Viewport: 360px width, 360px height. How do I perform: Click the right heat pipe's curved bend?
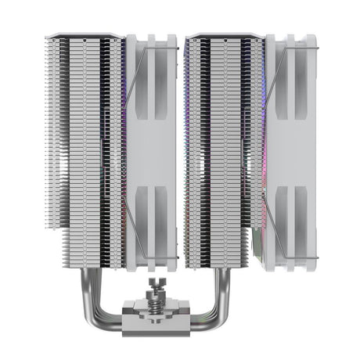252,301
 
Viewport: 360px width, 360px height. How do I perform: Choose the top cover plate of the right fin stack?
227,35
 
